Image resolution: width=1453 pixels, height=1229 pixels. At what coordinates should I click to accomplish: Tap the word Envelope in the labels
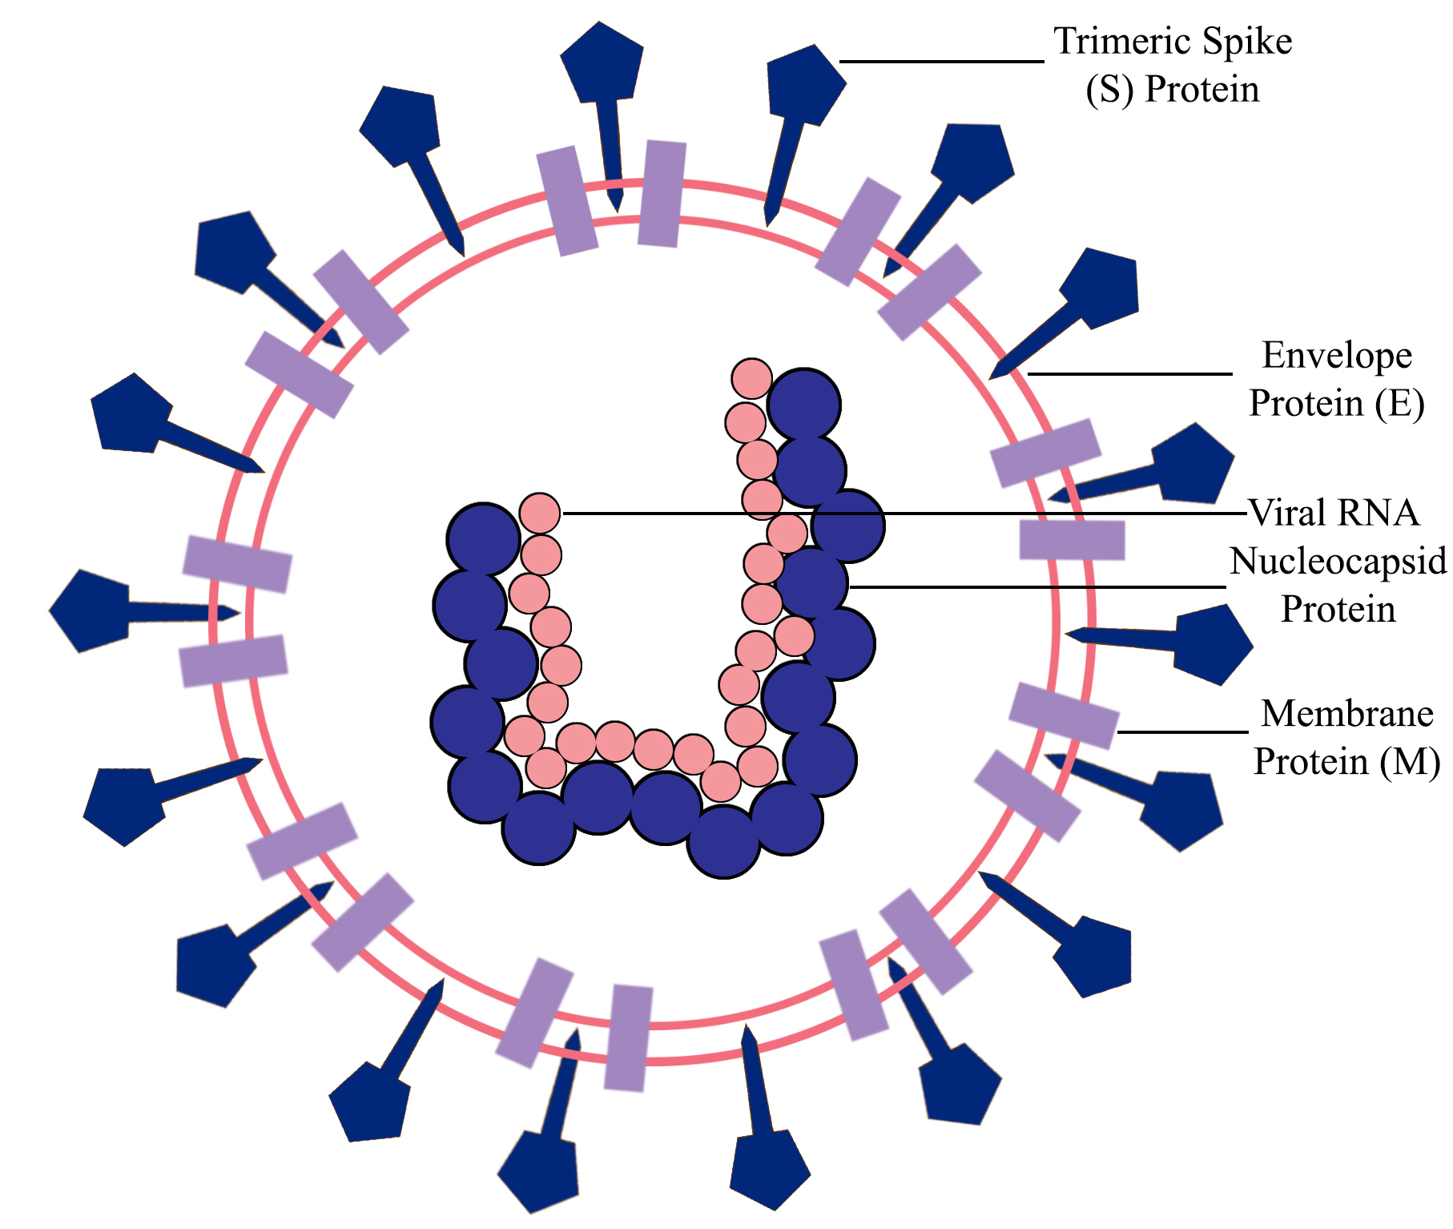pyautogui.click(x=1336, y=356)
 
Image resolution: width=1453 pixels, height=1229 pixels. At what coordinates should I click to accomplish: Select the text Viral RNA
pyautogui.click(x=1334, y=513)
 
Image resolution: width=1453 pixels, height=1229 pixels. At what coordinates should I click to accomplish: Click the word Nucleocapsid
pyautogui.click(x=1338, y=562)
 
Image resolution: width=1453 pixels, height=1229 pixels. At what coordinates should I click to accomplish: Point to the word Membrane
pyautogui.click(x=1346, y=714)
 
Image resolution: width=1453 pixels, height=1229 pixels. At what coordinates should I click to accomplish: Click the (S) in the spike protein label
pyautogui.click(x=1109, y=90)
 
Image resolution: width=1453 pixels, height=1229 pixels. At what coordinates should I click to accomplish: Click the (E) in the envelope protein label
pyautogui.click(x=1399, y=404)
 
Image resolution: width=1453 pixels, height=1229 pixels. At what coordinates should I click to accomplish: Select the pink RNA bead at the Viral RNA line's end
pyautogui.click(x=540, y=513)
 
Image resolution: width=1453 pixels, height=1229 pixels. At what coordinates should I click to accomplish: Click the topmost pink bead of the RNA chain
pyautogui.click(x=751, y=378)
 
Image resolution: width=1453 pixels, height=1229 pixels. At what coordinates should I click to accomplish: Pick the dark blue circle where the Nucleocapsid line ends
pyautogui.click(x=813, y=583)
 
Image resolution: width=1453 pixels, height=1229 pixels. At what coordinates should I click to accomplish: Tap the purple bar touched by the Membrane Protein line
pyautogui.click(x=1063, y=715)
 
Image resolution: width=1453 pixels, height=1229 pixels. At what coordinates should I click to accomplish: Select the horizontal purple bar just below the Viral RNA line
pyautogui.click(x=1072, y=540)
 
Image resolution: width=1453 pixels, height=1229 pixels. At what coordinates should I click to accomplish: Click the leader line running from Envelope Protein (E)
pyautogui.click(x=1129, y=373)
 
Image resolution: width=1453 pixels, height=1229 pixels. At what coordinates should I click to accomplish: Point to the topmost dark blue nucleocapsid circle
pyautogui.click(x=803, y=405)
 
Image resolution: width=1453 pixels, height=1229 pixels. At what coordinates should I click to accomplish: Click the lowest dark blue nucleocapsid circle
pyautogui.click(x=723, y=841)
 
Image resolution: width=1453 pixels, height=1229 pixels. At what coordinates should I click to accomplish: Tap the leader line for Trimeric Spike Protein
pyautogui.click(x=941, y=61)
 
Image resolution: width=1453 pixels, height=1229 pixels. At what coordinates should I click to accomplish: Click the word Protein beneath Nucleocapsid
pyautogui.click(x=1338, y=610)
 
